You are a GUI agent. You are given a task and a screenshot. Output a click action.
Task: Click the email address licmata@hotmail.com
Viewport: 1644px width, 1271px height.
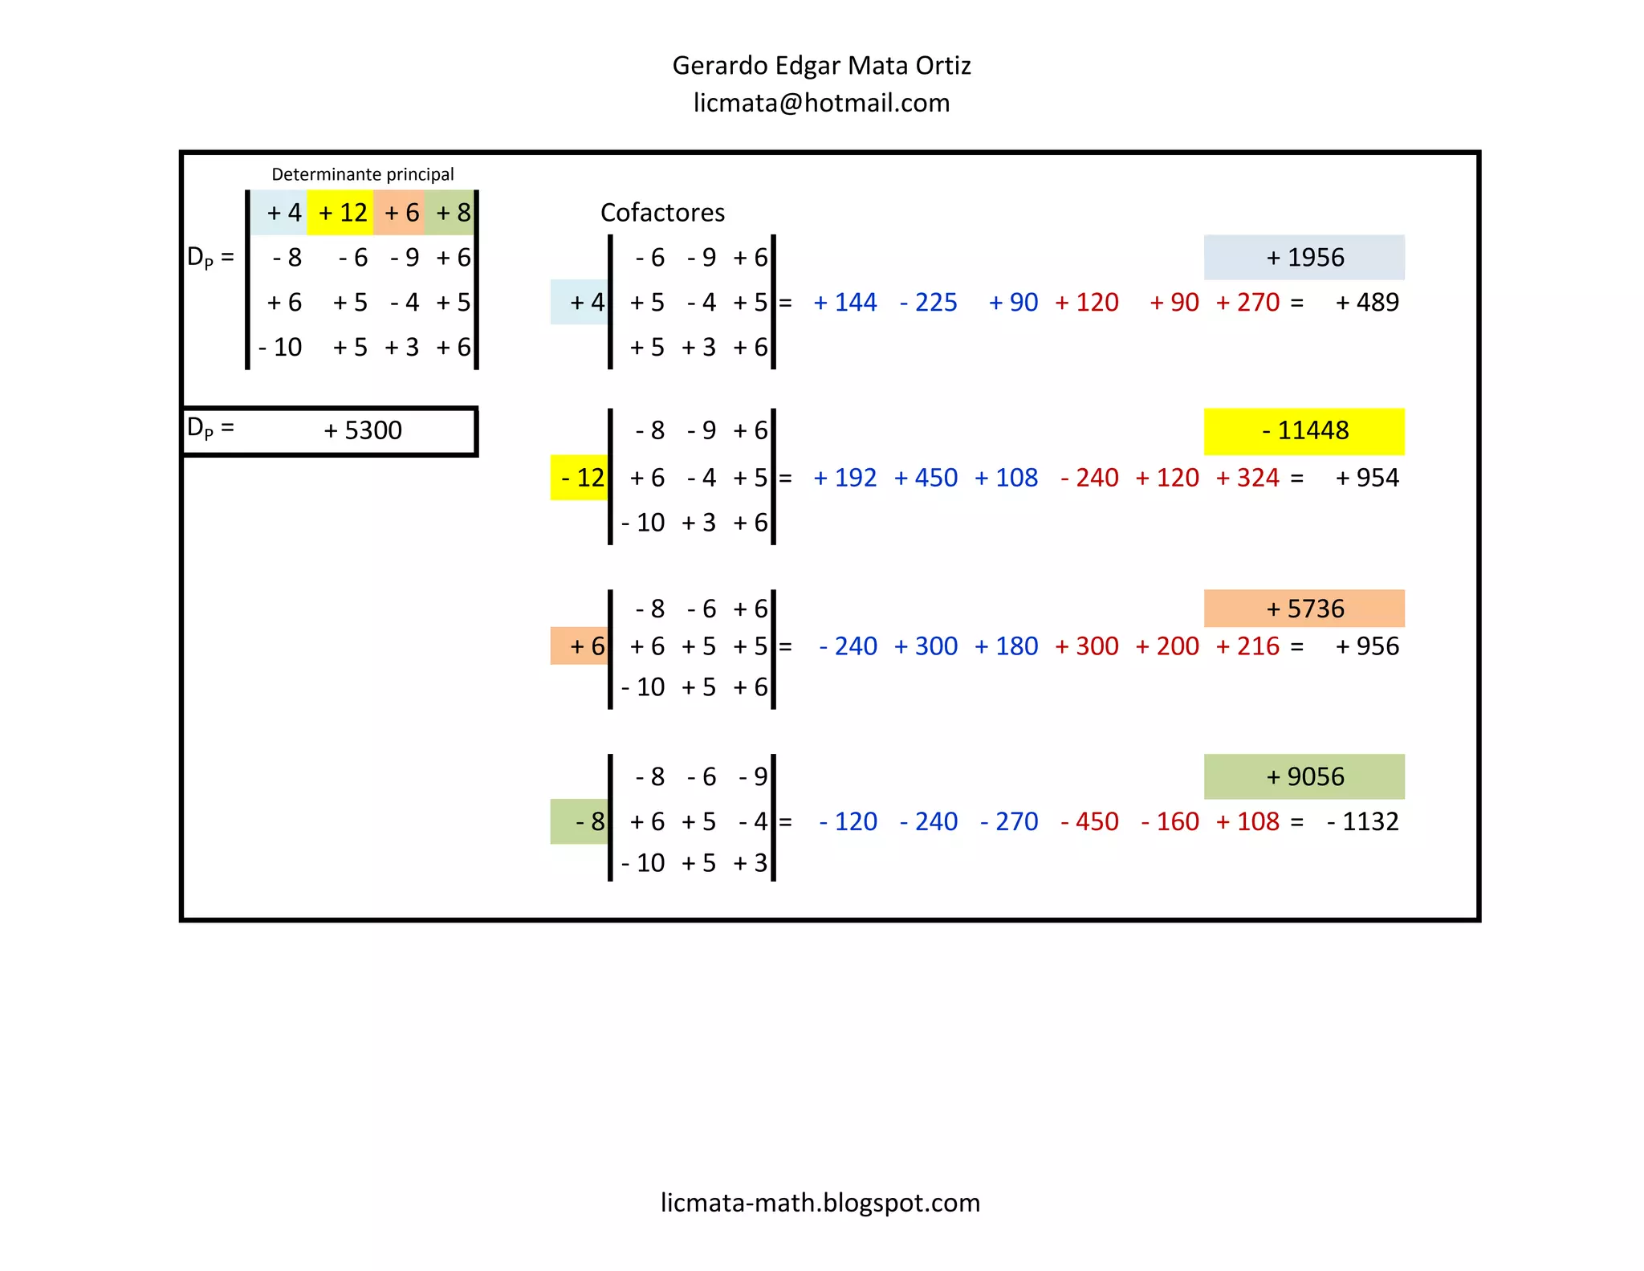tap(821, 103)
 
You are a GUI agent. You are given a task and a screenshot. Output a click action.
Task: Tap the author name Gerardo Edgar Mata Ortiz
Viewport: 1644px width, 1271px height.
tap(821, 65)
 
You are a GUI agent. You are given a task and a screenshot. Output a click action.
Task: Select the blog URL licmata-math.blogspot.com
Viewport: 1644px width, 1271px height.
tap(820, 1202)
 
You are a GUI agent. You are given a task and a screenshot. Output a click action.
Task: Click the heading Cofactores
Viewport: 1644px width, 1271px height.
tap(662, 212)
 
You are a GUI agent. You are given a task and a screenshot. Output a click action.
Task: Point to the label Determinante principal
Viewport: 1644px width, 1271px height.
tap(363, 174)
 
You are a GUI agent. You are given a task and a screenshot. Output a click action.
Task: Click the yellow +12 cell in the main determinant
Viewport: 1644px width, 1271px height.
tap(340, 213)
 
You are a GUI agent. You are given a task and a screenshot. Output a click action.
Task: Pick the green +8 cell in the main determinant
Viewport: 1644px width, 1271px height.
tap(450, 213)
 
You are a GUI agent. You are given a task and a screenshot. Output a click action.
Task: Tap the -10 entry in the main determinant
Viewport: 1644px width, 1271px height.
tap(280, 347)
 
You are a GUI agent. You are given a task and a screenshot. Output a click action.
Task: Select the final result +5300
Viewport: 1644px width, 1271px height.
tap(363, 430)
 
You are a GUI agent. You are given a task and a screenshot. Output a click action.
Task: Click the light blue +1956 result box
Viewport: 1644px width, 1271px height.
tap(1304, 257)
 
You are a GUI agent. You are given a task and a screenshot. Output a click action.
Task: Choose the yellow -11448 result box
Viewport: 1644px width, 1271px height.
tap(1304, 431)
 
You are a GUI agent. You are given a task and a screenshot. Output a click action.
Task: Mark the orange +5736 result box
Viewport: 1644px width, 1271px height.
tap(1304, 609)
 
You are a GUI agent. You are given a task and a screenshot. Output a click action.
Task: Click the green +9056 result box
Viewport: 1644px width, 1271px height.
tap(1304, 776)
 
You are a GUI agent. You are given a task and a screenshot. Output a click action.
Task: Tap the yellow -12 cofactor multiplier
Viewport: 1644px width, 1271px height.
tap(580, 478)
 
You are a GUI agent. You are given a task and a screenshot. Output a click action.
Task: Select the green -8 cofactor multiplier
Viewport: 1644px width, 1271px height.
tap(580, 821)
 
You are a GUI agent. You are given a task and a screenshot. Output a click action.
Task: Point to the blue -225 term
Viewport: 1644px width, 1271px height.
tap(929, 303)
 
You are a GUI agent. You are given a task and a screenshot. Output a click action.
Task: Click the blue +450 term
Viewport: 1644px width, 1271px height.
tap(926, 478)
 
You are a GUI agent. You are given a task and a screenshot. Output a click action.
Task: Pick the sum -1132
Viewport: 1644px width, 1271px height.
tap(1363, 821)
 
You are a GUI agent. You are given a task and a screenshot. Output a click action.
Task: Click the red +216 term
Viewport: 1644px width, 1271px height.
tap(1247, 646)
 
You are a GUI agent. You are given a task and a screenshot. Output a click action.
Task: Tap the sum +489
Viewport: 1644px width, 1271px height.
tap(1367, 303)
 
